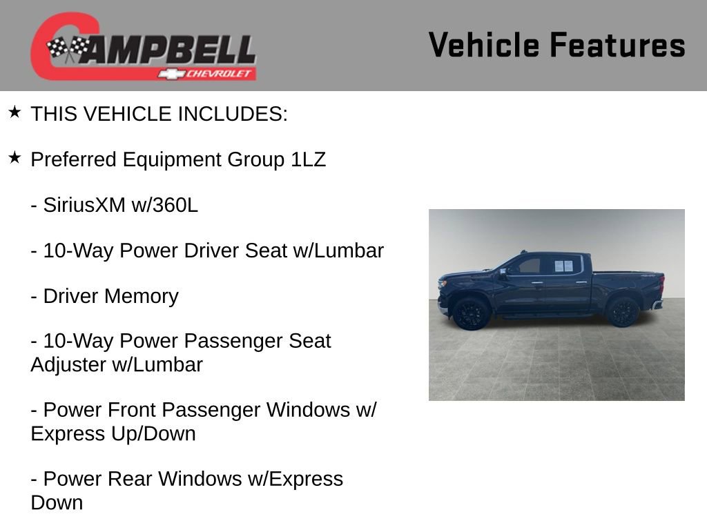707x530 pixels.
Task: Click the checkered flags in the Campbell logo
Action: coord(68,48)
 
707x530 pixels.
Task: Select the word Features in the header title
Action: coord(618,45)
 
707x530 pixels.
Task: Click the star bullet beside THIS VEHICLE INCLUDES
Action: coord(14,112)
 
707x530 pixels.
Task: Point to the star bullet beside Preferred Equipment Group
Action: coord(14,158)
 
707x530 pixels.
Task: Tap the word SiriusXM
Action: coord(84,205)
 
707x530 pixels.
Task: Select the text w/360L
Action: coord(164,205)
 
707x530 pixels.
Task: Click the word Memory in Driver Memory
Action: coord(142,296)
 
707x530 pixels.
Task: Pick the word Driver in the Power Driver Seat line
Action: coord(212,251)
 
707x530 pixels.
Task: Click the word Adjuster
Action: coord(68,364)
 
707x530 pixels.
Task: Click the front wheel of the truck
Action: coord(472,313)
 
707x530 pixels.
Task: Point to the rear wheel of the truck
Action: coord(622,311)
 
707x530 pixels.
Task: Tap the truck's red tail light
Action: coord(661,283)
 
